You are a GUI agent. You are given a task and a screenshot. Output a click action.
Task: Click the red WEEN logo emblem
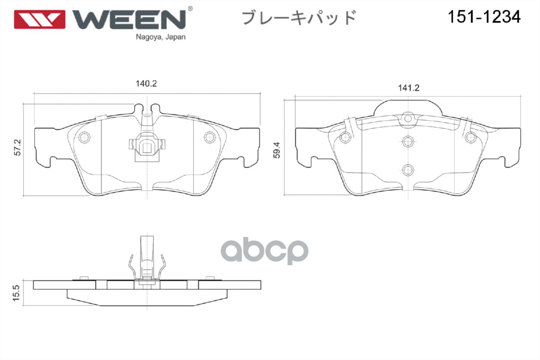(40, 19)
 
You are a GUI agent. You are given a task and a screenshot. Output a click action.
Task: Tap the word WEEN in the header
(129, 19)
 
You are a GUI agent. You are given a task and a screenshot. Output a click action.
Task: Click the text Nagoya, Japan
(161, 37)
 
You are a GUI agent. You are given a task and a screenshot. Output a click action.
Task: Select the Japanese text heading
(299, 18)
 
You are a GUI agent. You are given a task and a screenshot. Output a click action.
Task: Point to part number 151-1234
(484, 17)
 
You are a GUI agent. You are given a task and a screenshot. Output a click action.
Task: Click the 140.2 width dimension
(146, 84)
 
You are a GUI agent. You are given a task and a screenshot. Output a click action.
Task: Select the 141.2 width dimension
(409, 88)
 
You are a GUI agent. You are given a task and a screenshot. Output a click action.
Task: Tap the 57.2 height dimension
(18, 147)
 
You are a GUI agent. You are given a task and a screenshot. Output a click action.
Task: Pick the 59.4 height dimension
(276, 150)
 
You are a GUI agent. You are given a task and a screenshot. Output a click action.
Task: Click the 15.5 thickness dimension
(16, 293)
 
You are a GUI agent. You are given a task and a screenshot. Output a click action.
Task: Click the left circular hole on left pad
(84, 137)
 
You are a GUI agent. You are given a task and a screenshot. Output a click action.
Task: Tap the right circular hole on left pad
(210, 137)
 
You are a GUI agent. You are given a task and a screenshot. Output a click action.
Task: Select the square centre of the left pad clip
(147, 148)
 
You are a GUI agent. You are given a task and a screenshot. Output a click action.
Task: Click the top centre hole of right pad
(408, 118)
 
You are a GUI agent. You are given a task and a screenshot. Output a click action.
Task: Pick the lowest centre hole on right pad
(408, 170)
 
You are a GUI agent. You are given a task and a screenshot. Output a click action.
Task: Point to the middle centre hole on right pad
(408, 141)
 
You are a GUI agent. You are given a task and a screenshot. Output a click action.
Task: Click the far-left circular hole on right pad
(345, 137)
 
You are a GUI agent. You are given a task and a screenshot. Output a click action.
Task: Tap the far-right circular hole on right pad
(471, 137)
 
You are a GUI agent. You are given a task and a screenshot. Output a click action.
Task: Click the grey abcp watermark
(265, 251)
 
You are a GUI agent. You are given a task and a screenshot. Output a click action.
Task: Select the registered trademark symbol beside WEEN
(190, 9)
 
